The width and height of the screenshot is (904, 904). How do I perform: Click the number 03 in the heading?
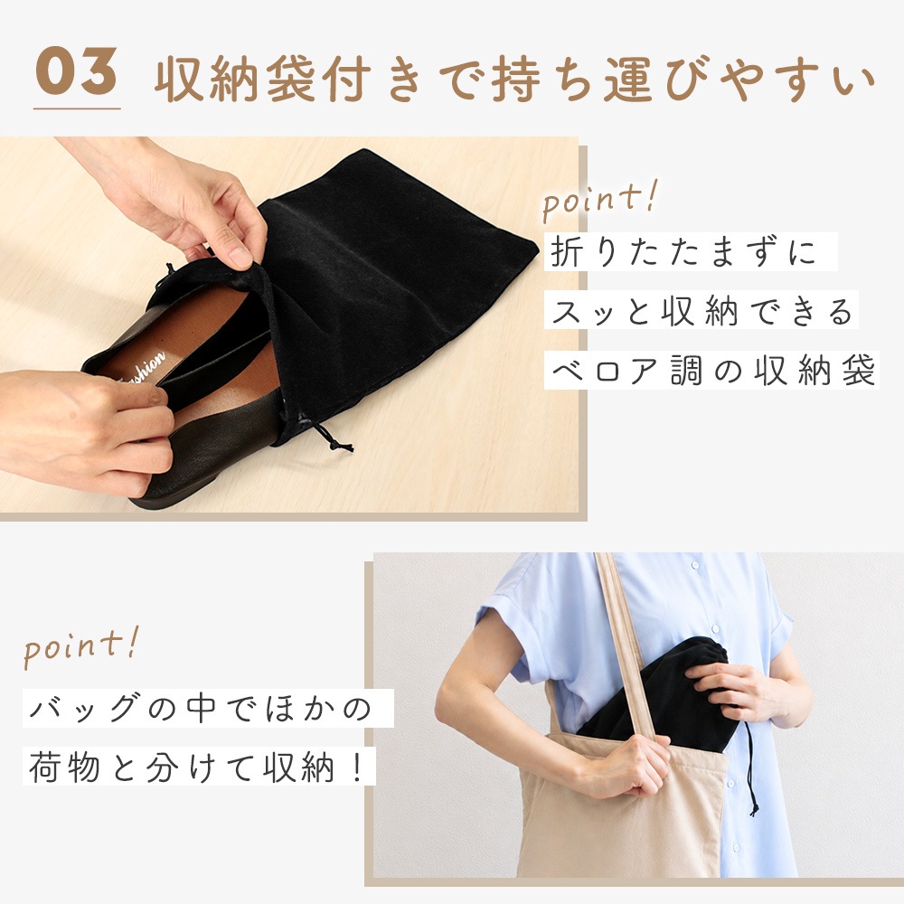[76, 71]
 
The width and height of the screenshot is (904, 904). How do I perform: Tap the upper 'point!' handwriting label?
[599, 201]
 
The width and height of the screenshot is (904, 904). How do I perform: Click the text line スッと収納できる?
[702, 311]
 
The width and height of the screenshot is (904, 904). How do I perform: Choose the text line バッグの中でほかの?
[201, 708]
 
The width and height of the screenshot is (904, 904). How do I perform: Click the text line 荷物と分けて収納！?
[197, 767]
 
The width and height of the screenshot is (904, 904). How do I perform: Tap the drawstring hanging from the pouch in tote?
[750, 769]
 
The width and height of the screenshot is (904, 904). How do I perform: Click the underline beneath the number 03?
[77, 108]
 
